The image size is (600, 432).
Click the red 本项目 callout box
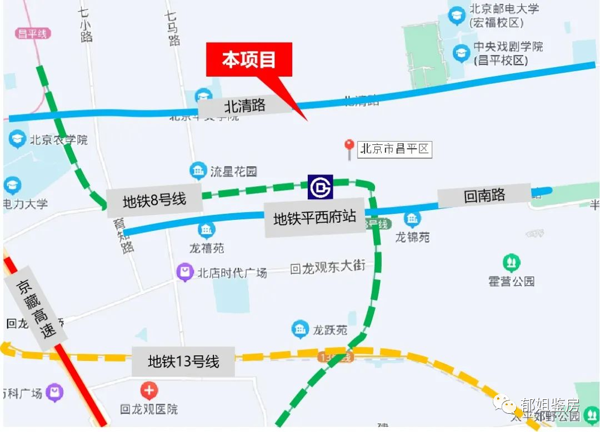pos(249,60)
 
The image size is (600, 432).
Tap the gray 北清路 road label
pos(245,105)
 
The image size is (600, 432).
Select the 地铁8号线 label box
pos(154,200)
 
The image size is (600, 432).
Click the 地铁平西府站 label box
pos(314,218)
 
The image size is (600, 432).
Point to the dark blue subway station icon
pos(321,187)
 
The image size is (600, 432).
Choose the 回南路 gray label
pos(484,195)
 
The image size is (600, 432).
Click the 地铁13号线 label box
pos(183,362)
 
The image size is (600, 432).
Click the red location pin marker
pos(349,147)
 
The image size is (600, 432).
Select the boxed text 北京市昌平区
pos(394,149)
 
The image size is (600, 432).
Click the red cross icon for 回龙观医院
pos(149,391)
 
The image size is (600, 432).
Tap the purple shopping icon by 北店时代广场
pos(184,272)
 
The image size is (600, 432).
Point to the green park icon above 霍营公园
pos(511,262)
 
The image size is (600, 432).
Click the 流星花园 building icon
pos(198,171)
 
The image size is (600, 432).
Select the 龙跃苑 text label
pos(329,330)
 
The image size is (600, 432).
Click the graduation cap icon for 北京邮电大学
pos(457,15)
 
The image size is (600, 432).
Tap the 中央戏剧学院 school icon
pos(461,53)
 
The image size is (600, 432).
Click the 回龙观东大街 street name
pos(328,268)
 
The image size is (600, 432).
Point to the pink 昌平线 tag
pos(33,33)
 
